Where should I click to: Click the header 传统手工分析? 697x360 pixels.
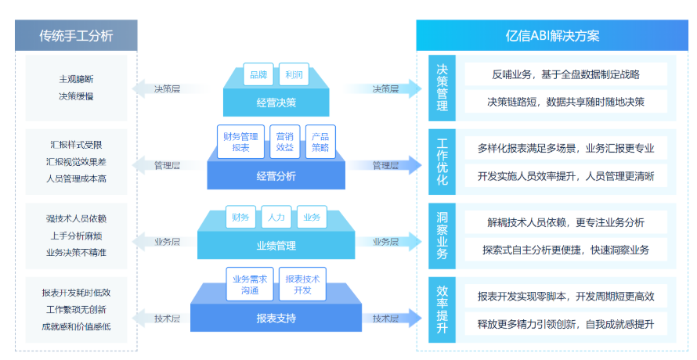[76, 35]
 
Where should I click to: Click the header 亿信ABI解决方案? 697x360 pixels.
[552, 35]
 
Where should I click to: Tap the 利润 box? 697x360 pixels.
[294, 75]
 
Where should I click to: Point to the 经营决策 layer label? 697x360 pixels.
[276, 102]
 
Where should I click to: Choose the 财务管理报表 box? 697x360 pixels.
[240, 142]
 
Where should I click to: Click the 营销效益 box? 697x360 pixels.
[284, 142]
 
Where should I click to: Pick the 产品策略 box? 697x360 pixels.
[320, 142]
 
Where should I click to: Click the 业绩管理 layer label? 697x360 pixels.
[276, 246]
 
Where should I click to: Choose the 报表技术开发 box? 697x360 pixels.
[302, 284]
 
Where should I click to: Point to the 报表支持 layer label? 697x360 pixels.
[276, 318]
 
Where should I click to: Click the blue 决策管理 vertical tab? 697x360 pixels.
[442, 86]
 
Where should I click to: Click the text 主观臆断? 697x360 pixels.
[76, 79]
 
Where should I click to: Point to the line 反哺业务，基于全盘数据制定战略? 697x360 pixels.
[565, 74]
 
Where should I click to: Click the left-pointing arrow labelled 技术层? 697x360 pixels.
[157, 319]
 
